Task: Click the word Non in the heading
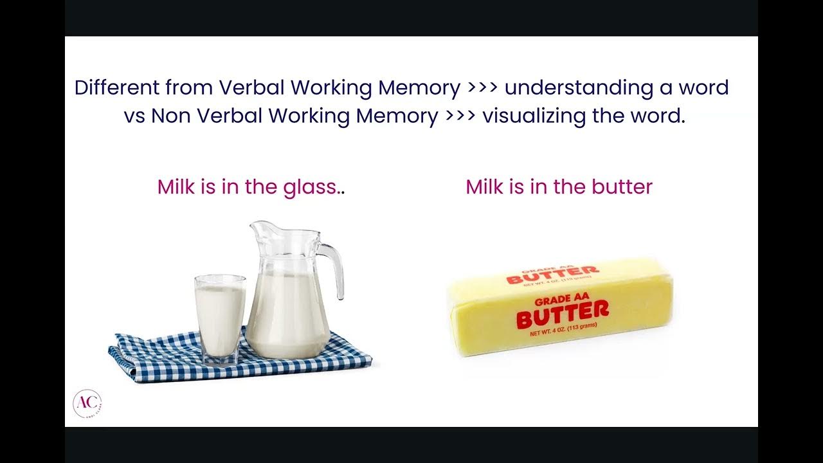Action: pyautogui.click(x=171, y=116)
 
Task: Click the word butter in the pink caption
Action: pyautogui.click(x=622, y=187)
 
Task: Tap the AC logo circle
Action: pyautogui.click(x=87, y=403)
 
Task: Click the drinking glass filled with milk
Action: pyautogui.click(x=220, y=318)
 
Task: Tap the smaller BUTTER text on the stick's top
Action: pyautogui.click(x=552, y=275)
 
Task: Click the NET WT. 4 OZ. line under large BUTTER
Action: pyautogui.click(x=563, y=331)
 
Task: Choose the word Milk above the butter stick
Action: pyautogui.click(x=485, y=187)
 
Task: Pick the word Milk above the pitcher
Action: pyautogui.click(x=176, y=187)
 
